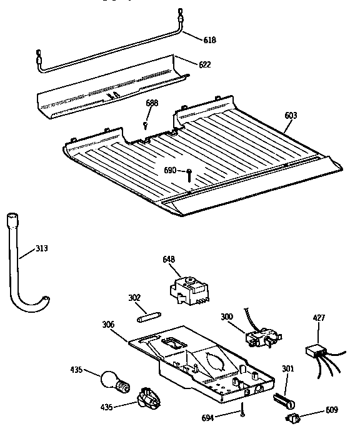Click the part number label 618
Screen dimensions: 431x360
click(x=210, y=40)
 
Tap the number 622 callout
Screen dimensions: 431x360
click(x=204, y=64)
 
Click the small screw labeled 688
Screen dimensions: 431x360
click(x=146, y=124)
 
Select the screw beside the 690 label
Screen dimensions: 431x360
click(x=188, y=174)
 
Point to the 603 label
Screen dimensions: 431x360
click(x=291, y=115)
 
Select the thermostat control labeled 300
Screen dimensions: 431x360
click(x=261, y=338)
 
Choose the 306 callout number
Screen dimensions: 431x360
click(x=109, y=324)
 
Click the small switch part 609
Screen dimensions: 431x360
click(x=292, y=417)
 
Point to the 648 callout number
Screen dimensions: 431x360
click(x=169, y=259)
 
